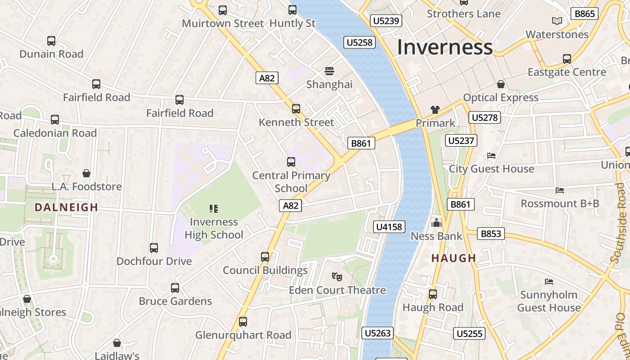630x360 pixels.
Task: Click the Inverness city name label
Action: coord(445,47)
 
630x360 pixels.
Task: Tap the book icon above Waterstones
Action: coord(557,21)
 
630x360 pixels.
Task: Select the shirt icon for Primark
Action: coord(435,109)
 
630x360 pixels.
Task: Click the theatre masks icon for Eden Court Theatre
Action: coord(337,276)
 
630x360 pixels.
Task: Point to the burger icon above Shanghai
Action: coord(329,71)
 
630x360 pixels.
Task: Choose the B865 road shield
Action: coord(585,13)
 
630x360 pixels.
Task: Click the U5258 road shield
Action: coord(360,42)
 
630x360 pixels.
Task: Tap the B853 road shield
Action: coord(490,234)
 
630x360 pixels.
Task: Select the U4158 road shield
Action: coord(389,226)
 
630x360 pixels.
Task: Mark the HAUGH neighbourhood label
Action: coord(454,258)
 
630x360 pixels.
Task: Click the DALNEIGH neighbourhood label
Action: coord(66,207)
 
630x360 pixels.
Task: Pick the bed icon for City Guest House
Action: coord(491,156)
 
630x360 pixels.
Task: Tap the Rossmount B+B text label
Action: coord(560,203)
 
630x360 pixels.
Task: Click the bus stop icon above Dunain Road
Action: coord(51,41)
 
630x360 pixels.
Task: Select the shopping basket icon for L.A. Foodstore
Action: coord(86,173)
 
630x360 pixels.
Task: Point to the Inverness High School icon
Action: coord(214,208)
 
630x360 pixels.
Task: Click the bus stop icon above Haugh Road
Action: coord(433,294)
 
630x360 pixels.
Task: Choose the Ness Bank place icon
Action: coord(436,223)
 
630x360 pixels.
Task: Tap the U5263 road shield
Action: coord(378,333)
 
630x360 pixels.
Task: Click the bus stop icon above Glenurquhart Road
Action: coord(243,322)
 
